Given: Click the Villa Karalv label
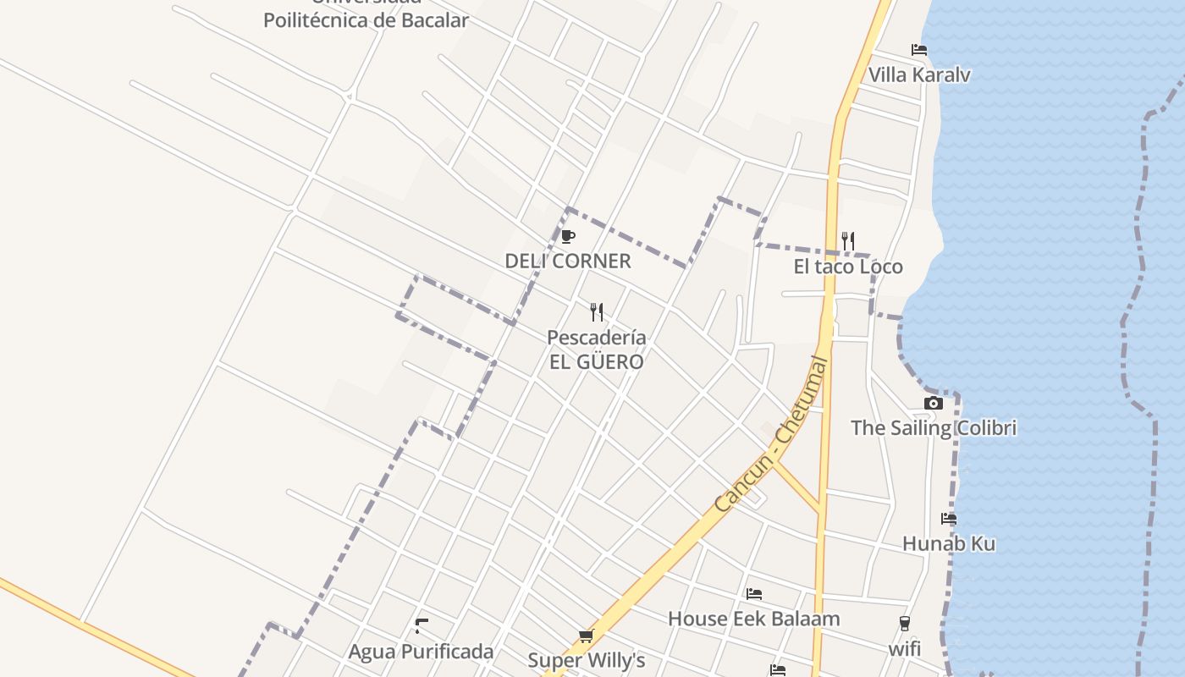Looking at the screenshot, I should tap(919, 74).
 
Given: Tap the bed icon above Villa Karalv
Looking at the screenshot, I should tap(919, 50).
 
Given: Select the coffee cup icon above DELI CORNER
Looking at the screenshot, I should tap(568, 236).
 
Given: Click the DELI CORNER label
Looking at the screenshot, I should tap(568, 261).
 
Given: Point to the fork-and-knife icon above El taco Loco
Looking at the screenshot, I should tap(848, 241).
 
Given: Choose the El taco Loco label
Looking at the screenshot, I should tap(848, 267).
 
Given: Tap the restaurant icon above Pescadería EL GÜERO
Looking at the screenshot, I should tap(597, 312).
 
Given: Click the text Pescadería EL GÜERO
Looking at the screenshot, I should tap(596, 350).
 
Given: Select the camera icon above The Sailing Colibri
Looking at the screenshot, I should tap(934, 403).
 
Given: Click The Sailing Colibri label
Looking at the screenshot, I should tap(934, 427).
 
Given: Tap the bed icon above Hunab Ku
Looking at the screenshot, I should tap(949, 519).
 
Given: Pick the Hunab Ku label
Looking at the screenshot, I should tap(949, 543).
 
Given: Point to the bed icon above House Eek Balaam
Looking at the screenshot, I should tap(754, 594).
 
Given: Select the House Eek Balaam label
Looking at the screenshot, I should tap(754, 619).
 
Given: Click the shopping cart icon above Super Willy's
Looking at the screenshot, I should tap(586, 636).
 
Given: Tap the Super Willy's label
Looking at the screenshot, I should tap(587, 660).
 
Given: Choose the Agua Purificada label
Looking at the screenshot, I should tap(422, 652).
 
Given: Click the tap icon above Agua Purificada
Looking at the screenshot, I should tap(422, 626).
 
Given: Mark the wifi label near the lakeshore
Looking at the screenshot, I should tap(904, 649).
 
